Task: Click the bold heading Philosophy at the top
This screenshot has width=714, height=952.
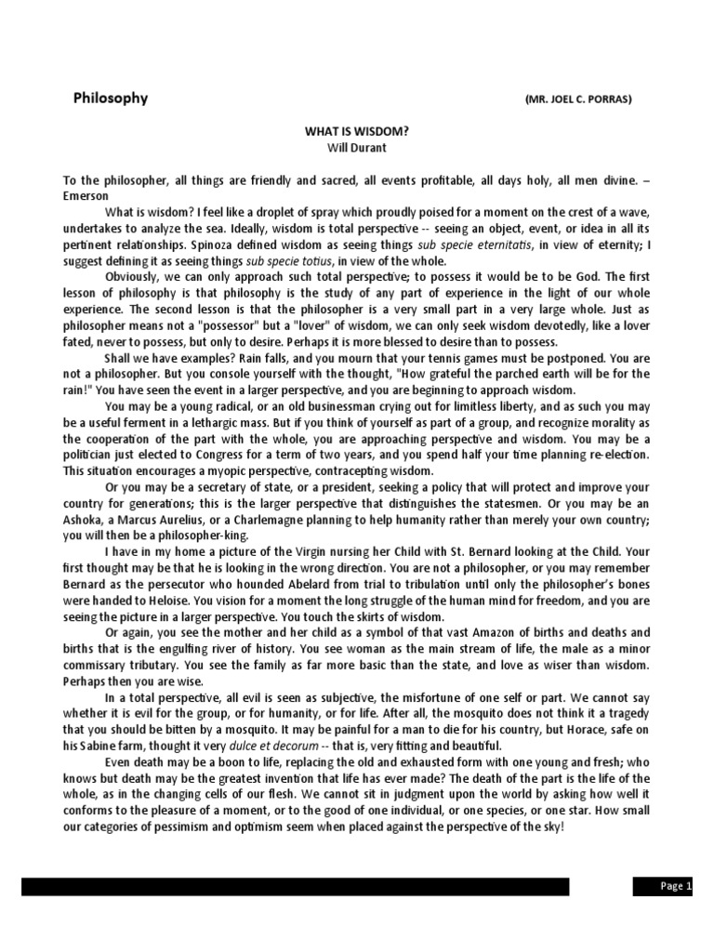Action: pyautogui.click(x=111, y=98)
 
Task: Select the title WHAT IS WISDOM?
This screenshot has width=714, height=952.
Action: pyautogui.click(x=357, y=132)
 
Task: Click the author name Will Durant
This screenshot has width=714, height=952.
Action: pyautogui.click(x=356, y=147)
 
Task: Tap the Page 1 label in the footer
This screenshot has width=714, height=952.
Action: pyautogui.click(x=677, y=886)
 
